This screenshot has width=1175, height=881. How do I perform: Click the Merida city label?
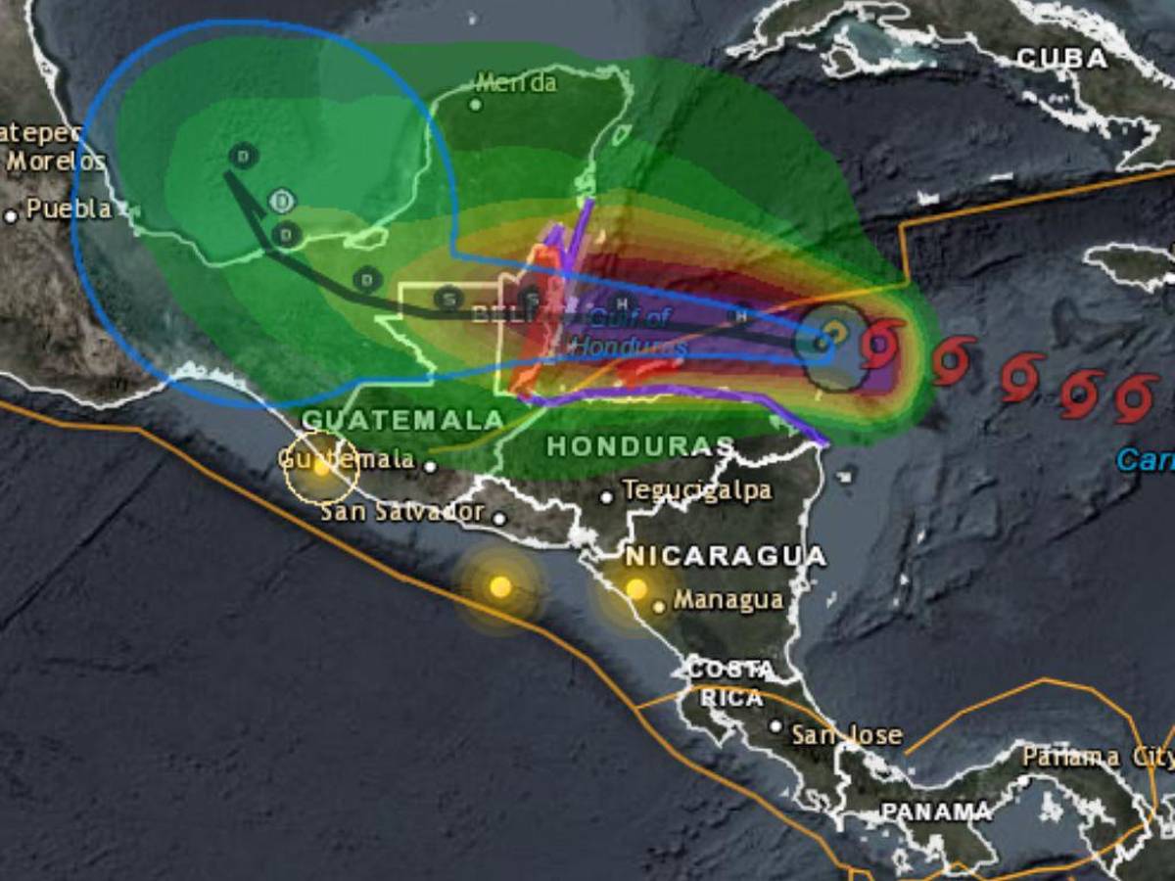pyautogui.click(x=517, y=82)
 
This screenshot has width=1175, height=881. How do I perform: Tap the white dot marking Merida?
pyautogui.click(x=476, y=104)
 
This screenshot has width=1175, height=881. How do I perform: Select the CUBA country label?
pyautogui.click(x=1062, y=59)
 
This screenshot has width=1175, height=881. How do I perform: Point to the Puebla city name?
pyautogui.click(x=69, y=209)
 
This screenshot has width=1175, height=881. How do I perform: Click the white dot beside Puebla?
pyautogui.click(x=11, y=215)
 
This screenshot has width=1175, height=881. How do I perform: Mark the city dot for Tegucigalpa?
pyautogui.click(x=607, y=497)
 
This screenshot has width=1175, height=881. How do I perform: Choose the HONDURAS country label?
pyautogui.click(x=639, y=446)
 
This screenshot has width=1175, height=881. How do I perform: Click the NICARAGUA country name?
pyautogui.click(x=726, y=556)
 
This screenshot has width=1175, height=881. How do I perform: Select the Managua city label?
pyautogui.click(x=729, y=599)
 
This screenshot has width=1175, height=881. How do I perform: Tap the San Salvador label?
pyautogui.click(x=402, y=511)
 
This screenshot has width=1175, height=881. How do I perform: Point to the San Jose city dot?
pyautogui.click(x=775, y=726)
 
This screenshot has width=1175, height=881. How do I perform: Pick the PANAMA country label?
pyautogui.click(x=936, y=811)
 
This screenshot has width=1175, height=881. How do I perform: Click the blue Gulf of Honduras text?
pyautogui.click(x=630, y=331)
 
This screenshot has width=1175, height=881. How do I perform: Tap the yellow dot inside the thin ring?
pyautogui.click(x=321, y=467)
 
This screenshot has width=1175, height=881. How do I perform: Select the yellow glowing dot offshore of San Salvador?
pyautogui.click(x=500, y=587)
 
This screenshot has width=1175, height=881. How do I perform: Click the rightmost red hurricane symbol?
pyautogui.click(x=1137, y=399)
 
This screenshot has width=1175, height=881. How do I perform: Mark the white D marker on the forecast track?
pyautogui.click(x=282, y=201)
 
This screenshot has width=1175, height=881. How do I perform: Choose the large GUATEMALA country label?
pyautogui.click(x=402, y=419)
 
